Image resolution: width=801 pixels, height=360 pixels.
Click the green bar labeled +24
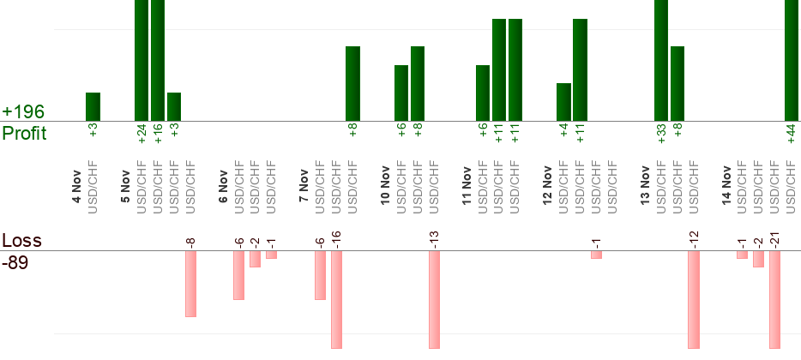(x=142, y=60)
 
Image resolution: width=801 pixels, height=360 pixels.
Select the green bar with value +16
(x=158, y=60)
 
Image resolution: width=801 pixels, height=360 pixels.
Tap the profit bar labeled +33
(x=661, y=60)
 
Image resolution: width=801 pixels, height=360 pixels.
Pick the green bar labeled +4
(x=563, y=102)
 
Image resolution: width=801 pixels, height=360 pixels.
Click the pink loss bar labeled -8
(x=190, y=284)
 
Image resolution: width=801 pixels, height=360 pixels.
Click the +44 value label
(x=791, y=134)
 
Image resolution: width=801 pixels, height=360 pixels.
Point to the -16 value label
(x=337, y=239)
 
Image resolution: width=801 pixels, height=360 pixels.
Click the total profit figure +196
(x=23, y=112)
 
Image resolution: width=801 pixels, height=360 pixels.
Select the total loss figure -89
(x=15, y=262)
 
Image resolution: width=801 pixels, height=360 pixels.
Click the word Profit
(x=25, y=134)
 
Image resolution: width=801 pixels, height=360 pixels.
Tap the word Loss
(x=21, y=241)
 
